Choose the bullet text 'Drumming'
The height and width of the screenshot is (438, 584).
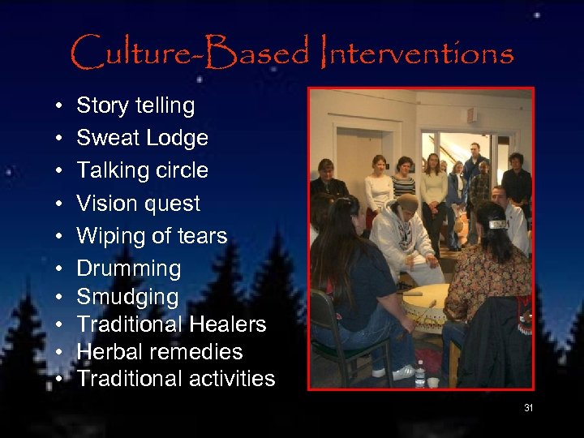tap(128, 268)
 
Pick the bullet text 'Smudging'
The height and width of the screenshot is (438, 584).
tap(127, 297)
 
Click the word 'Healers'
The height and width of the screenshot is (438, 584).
tap(230, 324)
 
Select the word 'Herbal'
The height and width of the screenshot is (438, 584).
tap(109, 351)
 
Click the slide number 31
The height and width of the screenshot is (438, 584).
tap(528, 408)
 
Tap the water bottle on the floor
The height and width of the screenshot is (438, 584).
tap(419, 374)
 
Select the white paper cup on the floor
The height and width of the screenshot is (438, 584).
tap(434, 381)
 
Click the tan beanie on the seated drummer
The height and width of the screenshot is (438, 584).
tap(407, 202)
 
